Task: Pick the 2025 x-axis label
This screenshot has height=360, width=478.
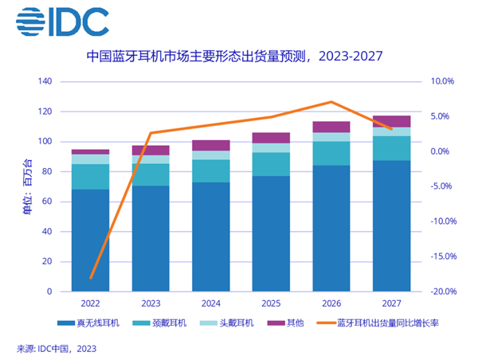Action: coord(271,303)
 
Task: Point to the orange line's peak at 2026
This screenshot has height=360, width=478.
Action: coord(332,102)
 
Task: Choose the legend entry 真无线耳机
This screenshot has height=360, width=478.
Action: coord(88,323)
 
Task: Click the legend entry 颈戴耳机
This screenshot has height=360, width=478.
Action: coord(161,323)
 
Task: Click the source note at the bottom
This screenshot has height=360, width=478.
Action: coord(56,348)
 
